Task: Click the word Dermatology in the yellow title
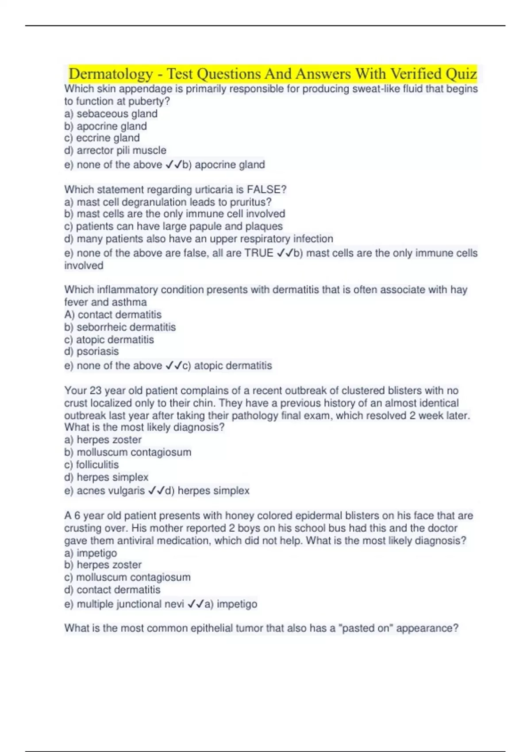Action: pyautogui.click(x=111, y=74)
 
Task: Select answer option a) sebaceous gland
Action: pyautogui.click(x=111, y=114)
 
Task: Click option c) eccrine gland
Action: pyautogui.click(x=102, y=138)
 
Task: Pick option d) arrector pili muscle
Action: pyautogui.click(x=115, y=150)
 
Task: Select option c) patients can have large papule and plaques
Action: pyautogui.click(x=173, y=226)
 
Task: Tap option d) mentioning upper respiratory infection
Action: pyautogui.click(x=199, y=239)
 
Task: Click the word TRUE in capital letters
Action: pyautogui.click(x=259, y=253)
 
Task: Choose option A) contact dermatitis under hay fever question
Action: pyautogui.click(x=113, y=315)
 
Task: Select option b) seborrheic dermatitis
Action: pyautogui.click(x=120, y=327)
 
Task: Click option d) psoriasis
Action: pyautogui.click(x=92, y=352)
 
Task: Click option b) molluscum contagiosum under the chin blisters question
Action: pyautogui.click(x=128, y=453)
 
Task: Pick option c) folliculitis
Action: pyautogui.click(x=92, y=465)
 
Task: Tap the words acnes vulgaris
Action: pyautogui.click(x=111, y=491)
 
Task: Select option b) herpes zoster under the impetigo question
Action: pyautogui.click(x=103, y=565)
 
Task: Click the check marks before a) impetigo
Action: pyautogui.click(x=196, y=604)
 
